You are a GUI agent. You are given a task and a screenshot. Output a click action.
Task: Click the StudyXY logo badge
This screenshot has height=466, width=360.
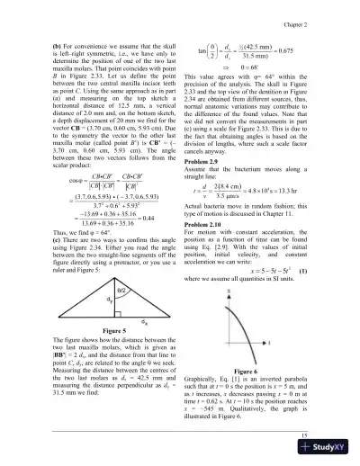(328, 453)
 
